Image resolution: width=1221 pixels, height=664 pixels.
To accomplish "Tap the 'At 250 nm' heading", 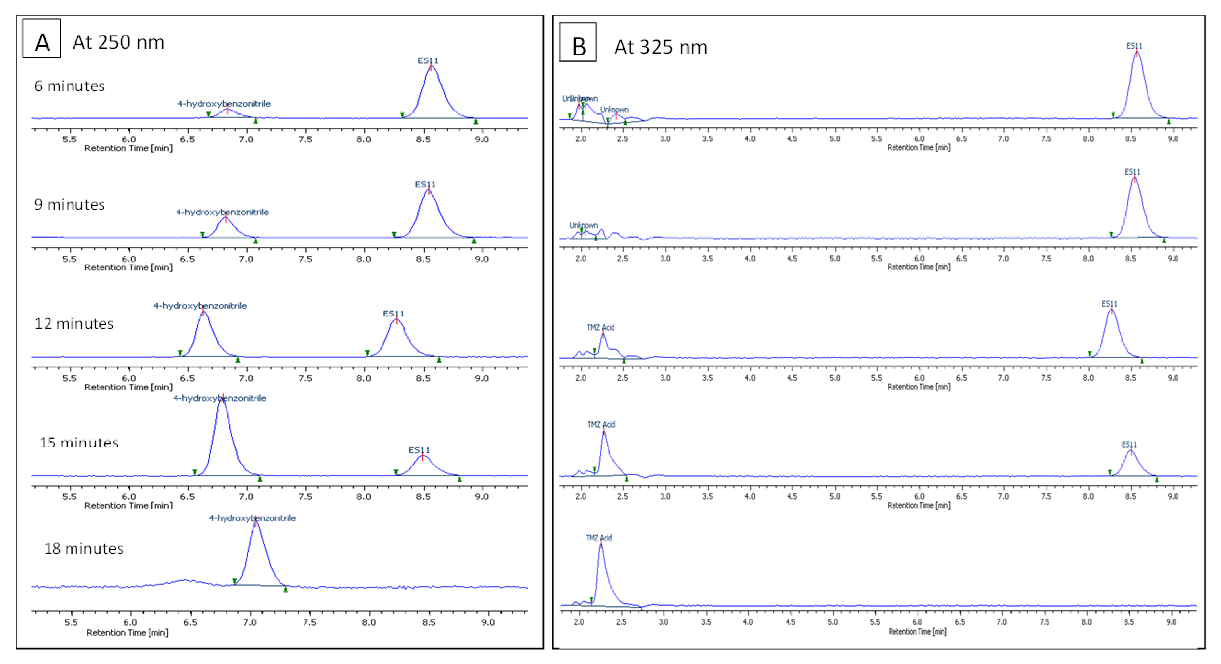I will [x=118, y=43].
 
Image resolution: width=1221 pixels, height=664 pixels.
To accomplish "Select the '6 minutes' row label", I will [x=70, y=86].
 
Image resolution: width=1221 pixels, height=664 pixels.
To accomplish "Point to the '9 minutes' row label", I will [x=70, y=205].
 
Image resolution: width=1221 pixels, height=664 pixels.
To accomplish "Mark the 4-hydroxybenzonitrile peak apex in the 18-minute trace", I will [x=255, y=522].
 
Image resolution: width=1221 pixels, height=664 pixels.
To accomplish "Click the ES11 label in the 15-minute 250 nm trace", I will [x=419, y=450].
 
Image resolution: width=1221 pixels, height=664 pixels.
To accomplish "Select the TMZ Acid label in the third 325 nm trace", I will [x=601, y=327].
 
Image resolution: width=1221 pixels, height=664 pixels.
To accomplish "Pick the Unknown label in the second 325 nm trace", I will [x=584, y=225].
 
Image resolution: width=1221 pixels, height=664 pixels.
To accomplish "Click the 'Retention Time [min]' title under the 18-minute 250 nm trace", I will [x=127, y=633].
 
